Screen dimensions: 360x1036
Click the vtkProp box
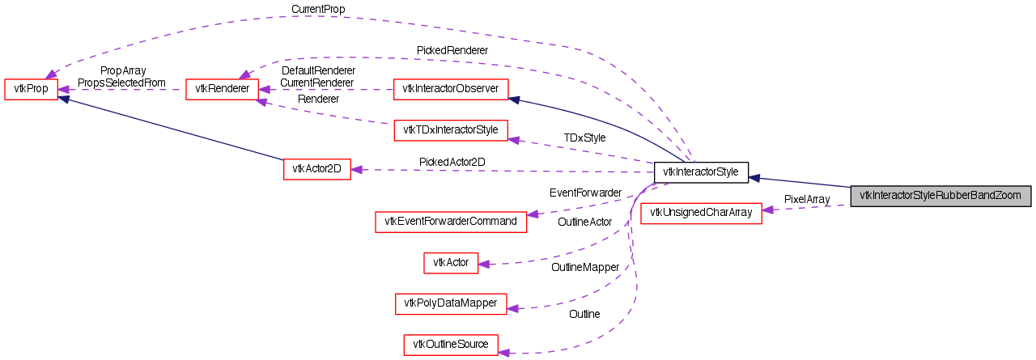(32, 89)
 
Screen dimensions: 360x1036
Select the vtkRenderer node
(222, 89)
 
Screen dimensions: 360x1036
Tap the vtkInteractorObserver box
(450, 89)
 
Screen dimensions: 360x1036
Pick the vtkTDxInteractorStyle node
(450, 130)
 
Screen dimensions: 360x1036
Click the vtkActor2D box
(316, 169)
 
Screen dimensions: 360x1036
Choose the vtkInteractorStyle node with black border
(701, 172)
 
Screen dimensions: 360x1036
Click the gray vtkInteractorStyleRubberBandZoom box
(940, 195)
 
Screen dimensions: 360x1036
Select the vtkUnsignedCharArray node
(701, 213)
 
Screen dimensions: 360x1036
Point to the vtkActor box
(451, 262)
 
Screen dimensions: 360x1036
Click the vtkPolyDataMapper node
(451, 303)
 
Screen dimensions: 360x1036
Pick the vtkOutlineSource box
(451, 344)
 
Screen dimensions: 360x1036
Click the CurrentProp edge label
(318, 9)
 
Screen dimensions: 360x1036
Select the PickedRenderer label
(452, 50)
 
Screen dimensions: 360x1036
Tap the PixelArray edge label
(807, 198)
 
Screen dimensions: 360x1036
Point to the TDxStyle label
(584, 138)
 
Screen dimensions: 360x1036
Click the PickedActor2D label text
(452, 162)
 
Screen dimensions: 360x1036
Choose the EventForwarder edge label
(585, 193)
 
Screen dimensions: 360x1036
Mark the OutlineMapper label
(585, 266)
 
